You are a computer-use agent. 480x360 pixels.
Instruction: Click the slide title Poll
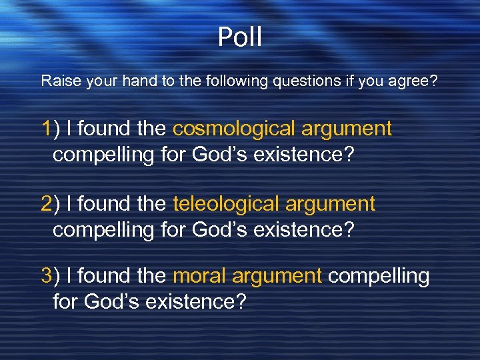coord(240,38)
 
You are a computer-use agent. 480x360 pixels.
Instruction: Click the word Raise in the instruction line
coord(57,81)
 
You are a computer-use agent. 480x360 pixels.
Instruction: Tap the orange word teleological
coord(227,204)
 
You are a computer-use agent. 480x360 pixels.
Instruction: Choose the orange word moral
coord(198,276)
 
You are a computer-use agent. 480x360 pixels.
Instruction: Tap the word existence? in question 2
coord(309,230)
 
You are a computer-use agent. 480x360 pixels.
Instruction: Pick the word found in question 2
coord(107,204)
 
